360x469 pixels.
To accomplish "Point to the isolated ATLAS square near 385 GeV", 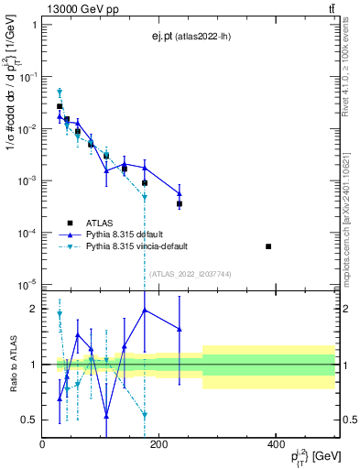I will (268, 246).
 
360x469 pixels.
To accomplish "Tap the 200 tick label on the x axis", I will (158, 444).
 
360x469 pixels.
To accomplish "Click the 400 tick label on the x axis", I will (276, 444).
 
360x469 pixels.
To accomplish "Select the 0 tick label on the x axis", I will (42, 444).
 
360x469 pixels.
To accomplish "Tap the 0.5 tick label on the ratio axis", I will (29, 420).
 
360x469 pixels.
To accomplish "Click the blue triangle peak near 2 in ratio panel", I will (145, 310).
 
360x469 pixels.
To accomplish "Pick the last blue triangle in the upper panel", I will (180, 193).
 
